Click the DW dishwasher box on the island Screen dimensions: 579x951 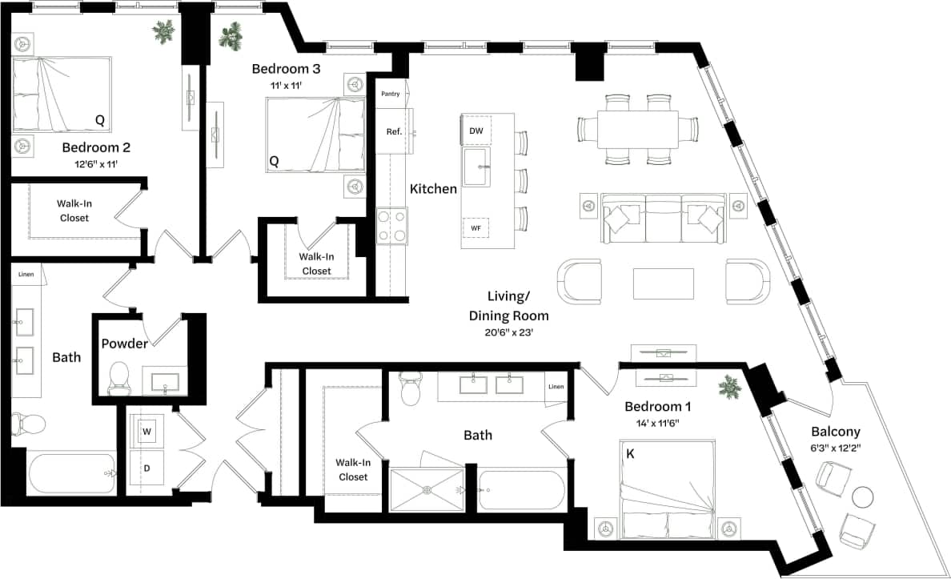coord(475,130)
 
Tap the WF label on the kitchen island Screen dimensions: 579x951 coord(475,228)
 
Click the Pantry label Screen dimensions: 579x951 coord(390,94)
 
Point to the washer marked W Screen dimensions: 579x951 coord(146,432)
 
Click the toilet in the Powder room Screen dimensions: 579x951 coord(118,377)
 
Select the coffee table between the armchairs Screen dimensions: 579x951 coord(663,283)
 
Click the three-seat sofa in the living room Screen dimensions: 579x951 coord(664,219)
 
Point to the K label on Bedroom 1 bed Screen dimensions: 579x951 coord(630,453)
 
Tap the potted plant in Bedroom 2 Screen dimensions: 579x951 coord(165,32)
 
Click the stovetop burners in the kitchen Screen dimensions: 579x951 coord(391,225)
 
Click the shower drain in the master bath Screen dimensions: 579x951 coord(426,489)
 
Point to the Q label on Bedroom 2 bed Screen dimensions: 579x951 coord(99,120)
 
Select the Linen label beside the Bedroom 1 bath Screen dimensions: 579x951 coord(556,387)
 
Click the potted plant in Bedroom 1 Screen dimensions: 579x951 coord(729,388)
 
